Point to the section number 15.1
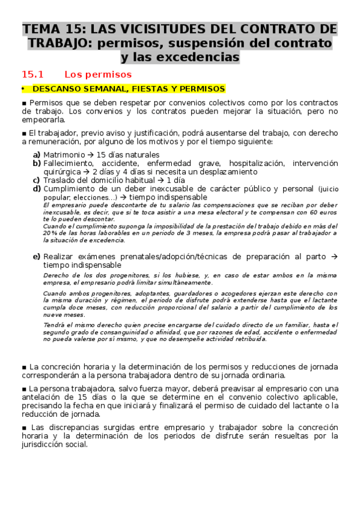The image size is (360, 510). [34, 75]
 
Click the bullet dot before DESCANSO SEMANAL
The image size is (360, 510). [23, 89]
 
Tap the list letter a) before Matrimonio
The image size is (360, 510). [37, 155]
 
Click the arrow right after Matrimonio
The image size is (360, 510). [87, 155]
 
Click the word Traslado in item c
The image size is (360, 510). [61, 180]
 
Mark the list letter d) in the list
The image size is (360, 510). [37, 188]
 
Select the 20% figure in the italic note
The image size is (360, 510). [50, 233]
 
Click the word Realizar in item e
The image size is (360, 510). [59, 256]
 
